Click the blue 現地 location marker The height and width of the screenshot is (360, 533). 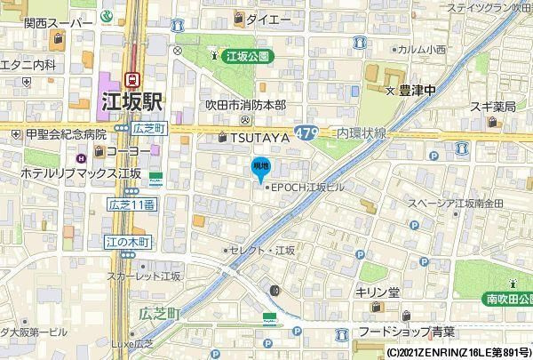click(260, 167)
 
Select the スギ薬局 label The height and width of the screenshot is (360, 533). click(492, 107)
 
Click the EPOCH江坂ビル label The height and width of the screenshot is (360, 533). click(306, 187)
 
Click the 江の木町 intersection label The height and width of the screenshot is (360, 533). click(128, 242)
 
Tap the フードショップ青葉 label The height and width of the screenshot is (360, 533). click(406, 332)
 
